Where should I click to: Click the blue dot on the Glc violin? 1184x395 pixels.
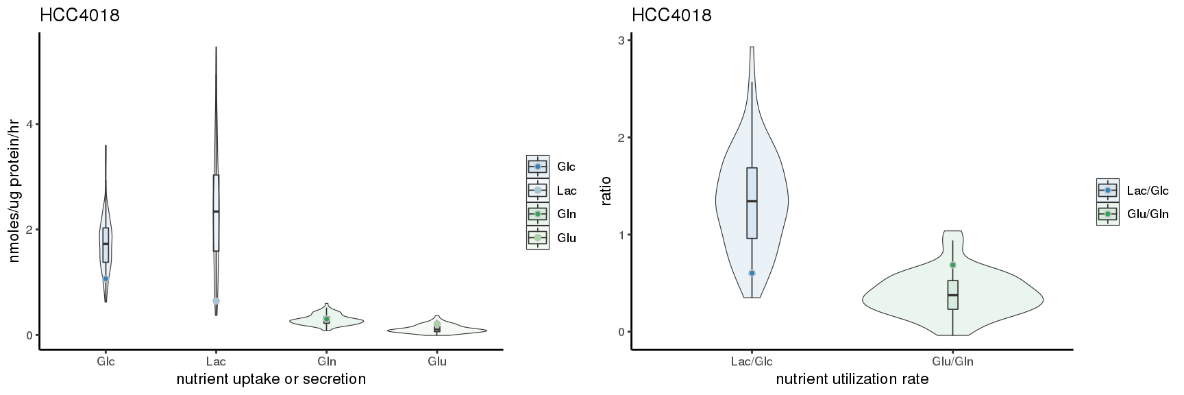pyautogui.click(x=106, y=278)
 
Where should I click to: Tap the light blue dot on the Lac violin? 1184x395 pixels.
pyautogui.click(x=216, y=301)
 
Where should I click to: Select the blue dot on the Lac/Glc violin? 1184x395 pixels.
pyautogui.click(x=752, y=273)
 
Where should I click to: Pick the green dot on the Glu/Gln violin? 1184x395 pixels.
pyautogui.click(x=952, y=265)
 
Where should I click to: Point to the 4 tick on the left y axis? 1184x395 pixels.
pyautogui.click(x=31, y=124)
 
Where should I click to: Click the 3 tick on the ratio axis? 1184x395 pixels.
pyautogui.click(x=621, y=40)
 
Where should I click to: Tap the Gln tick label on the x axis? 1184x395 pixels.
pyautogui.click(x=327, y=361)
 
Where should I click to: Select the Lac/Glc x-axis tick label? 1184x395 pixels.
pyautogui.click(x=752, y=361)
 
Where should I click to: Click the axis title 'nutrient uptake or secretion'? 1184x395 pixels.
pyautogui.click(x=271, y=379)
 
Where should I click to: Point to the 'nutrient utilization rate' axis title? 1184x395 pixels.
pyautogui.click(x=852, y=379)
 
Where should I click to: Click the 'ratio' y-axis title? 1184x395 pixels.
pyautogui.click(x=606, y=191)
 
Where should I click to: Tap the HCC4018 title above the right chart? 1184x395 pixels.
pyautogui.click(x=671, y=15)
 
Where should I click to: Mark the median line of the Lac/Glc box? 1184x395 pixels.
pyautogui.click(x=752, y=201)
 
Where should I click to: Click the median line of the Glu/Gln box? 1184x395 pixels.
pyautogui.click(x=952, y=295)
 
